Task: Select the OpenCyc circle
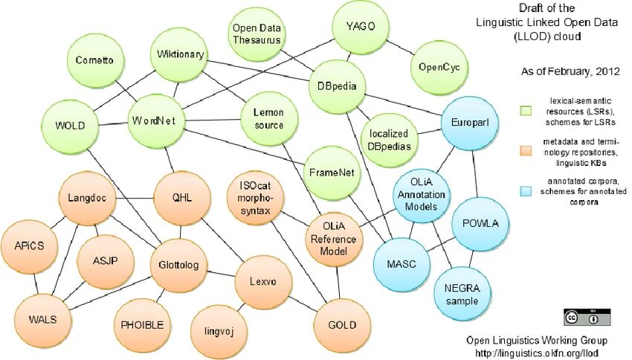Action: point(439,67)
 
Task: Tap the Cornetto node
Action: point(94,60)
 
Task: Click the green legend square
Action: point(526,111)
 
